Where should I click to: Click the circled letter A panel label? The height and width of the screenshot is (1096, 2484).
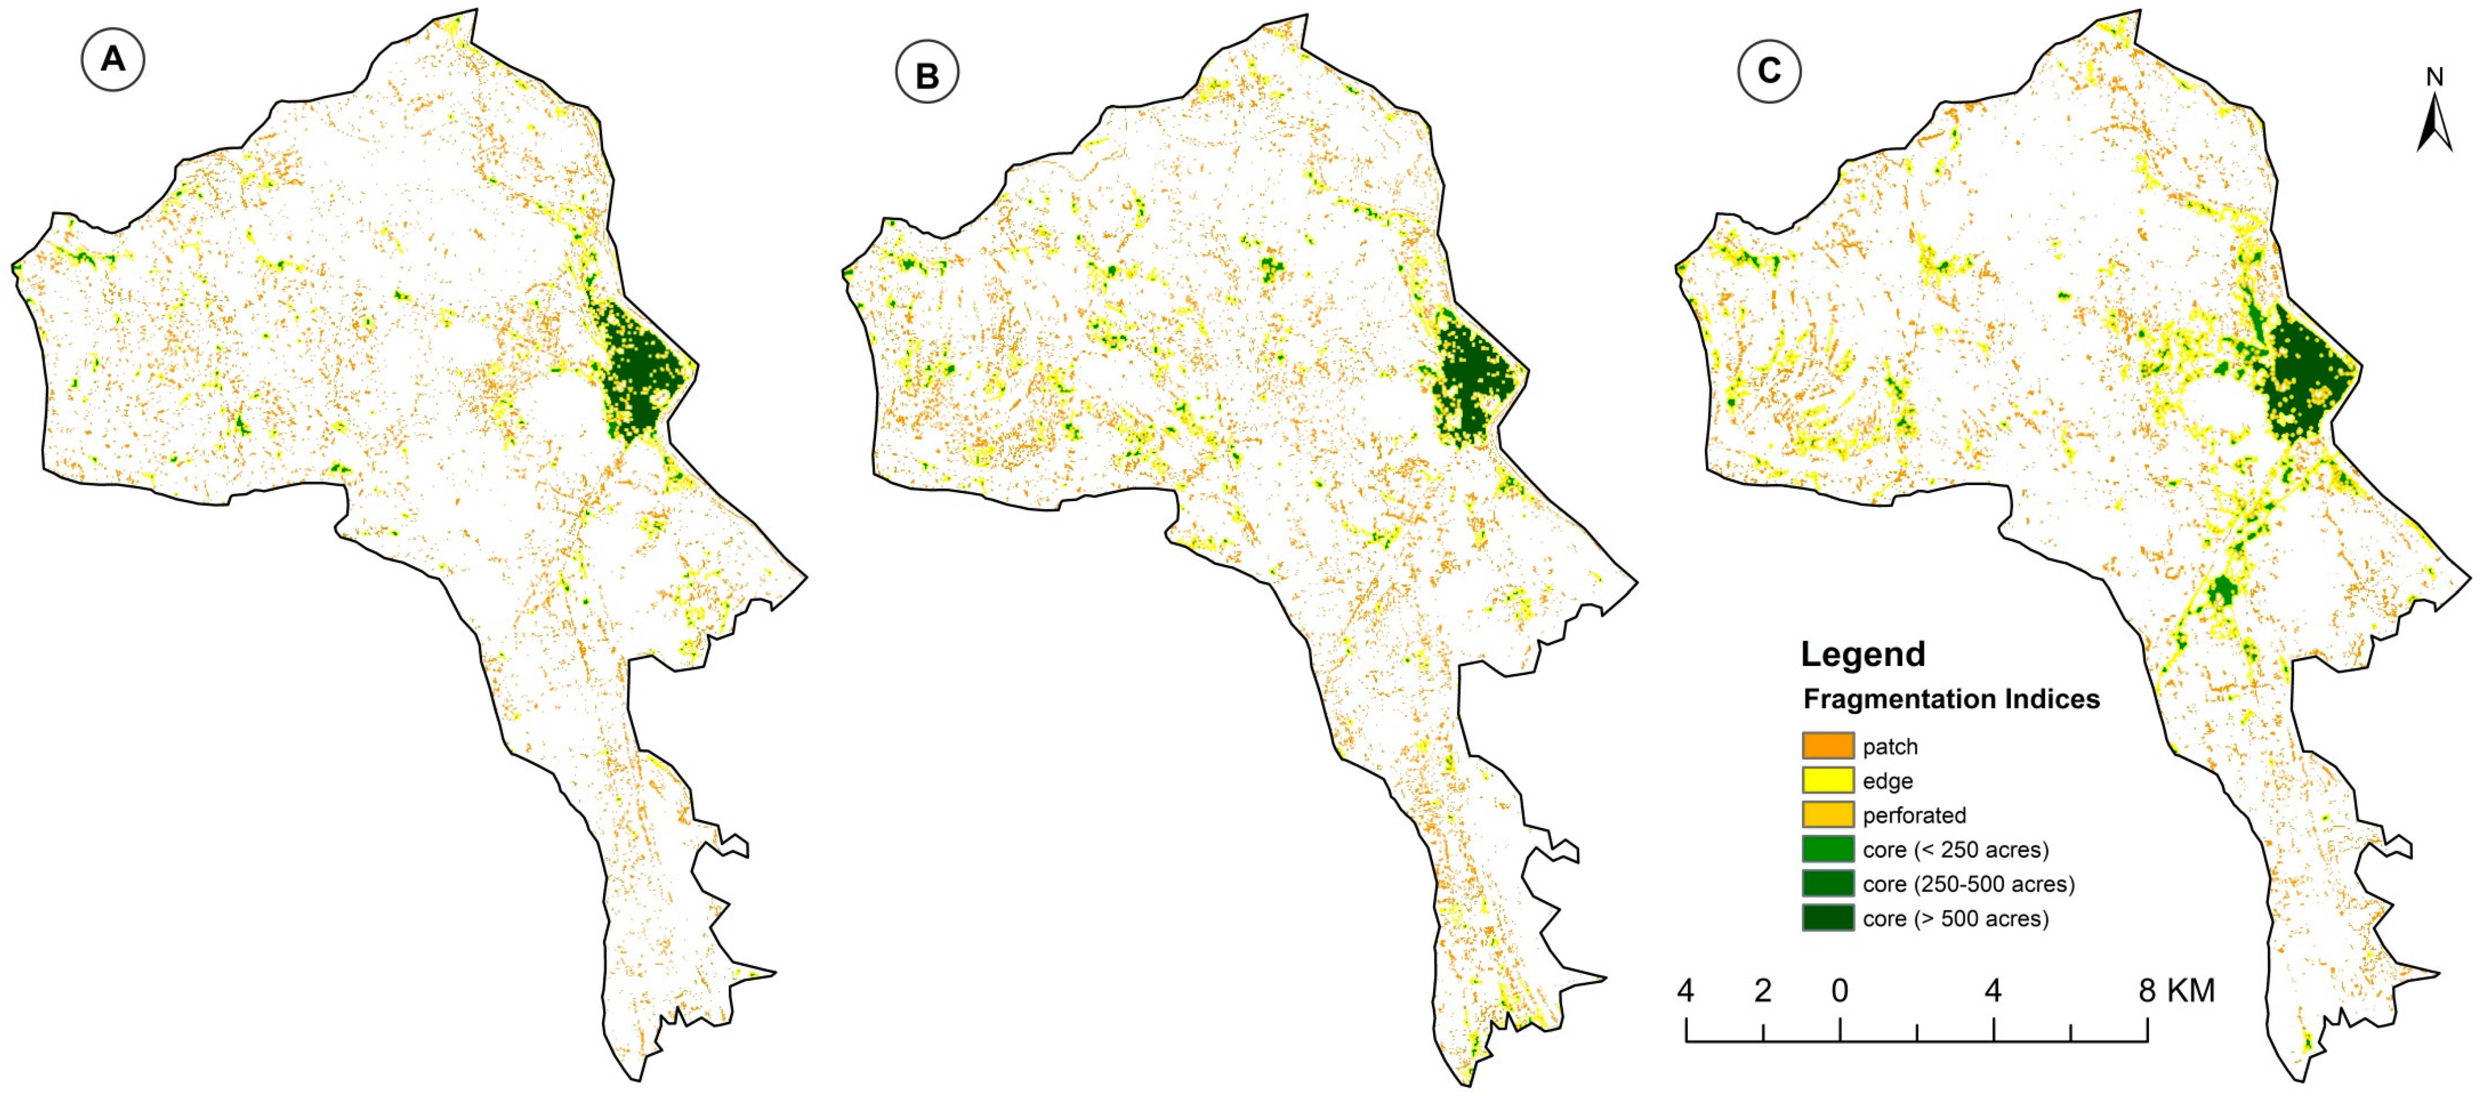click(x=113, y=60)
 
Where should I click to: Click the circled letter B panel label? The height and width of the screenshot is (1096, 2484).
click(x=927, y=74)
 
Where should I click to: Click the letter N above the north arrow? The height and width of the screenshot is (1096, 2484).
click(x=2435, y=77)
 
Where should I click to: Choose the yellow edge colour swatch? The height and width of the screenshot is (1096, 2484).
click(x=1827, y=780)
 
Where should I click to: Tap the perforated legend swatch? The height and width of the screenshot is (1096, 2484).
click(x=1827, y=814)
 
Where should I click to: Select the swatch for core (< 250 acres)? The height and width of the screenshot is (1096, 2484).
click(x=1827, y=849)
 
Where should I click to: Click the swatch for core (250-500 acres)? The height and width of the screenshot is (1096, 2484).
click(x=1827, y=884)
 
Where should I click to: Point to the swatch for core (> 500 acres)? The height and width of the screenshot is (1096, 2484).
click(x=1827, y=917)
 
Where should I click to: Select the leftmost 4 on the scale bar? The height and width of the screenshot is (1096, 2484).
click(x=1686, y=991)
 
